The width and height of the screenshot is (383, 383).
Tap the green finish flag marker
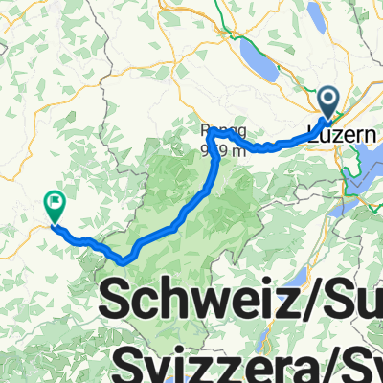coord(55,204)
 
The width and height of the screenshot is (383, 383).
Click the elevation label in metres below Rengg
coord(217,148)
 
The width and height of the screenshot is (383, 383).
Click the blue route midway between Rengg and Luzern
coord(273,146)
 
